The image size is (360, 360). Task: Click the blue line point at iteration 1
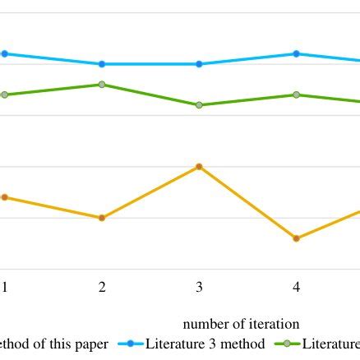click(4, 53)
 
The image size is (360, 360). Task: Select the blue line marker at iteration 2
click(102, 63)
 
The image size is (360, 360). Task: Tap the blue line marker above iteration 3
click(199, 63)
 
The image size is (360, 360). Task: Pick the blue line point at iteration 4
click(296, 53)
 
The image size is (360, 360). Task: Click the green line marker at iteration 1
click(4, 95)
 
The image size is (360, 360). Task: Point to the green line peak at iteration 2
click(102, 84)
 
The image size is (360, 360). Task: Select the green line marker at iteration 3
click(199, 104)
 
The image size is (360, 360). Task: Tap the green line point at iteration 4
click(296, 95)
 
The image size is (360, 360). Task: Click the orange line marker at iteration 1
click(4, 197)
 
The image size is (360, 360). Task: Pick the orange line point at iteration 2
click(102, 218)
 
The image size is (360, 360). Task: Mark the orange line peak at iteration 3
click(199, 166)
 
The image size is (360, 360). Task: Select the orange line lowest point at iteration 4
click(296, 238)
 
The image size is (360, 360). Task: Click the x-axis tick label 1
click(4, 287)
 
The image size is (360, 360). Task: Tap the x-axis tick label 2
click(102, 287)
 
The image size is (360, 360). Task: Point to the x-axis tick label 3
click(199, 287)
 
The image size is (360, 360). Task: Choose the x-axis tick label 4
click(296, 287)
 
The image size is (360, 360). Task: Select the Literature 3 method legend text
click(205, 344)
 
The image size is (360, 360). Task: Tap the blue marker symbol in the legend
click(131, 344)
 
